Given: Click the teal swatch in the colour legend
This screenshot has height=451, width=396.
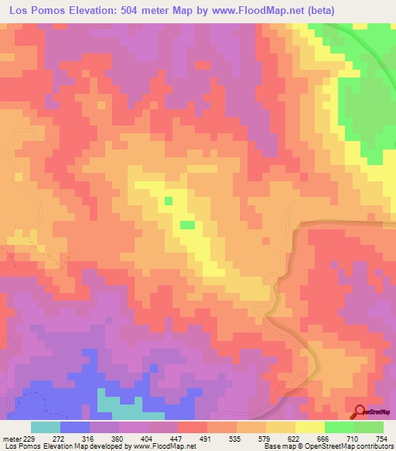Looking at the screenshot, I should tap(46, 427).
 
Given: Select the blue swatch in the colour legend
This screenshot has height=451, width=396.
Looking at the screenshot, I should tap(75, 427).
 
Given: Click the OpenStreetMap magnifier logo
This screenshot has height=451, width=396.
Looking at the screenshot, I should tap(359, 412).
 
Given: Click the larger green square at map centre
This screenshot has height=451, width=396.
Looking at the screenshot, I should tap(187, 225).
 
